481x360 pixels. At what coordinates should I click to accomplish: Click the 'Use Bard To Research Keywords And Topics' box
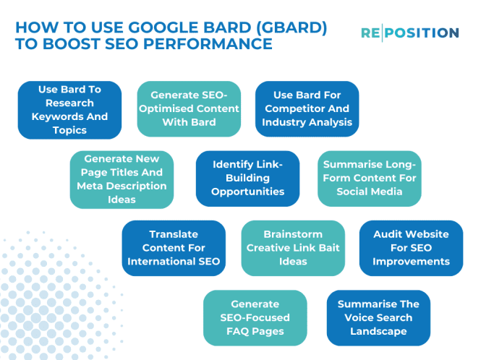69,110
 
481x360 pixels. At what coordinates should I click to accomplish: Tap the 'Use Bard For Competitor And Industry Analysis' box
307,108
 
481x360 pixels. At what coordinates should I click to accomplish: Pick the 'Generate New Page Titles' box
122,179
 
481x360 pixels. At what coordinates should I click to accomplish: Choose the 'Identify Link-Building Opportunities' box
247,179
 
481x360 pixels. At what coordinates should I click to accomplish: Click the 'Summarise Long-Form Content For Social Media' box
369,179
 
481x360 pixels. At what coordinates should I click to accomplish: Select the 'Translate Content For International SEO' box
174,248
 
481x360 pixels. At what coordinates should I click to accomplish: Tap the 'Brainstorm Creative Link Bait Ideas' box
293,248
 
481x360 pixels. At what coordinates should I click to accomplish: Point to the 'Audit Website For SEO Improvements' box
411,248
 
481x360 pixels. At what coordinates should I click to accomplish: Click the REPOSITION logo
409,33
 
